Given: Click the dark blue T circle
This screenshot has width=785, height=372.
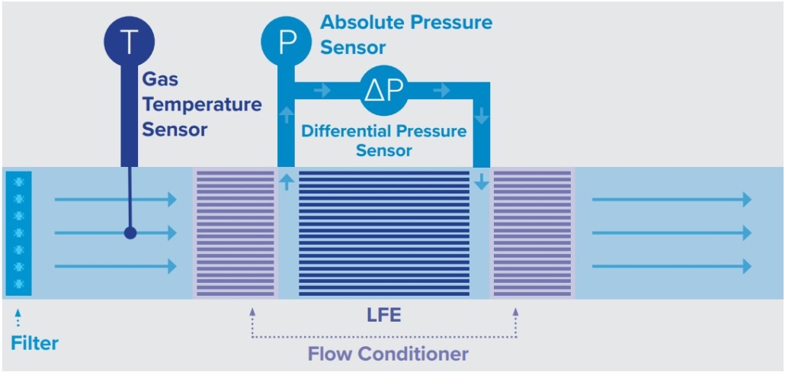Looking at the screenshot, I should [130, 40].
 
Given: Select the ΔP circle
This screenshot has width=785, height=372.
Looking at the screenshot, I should [384, 91].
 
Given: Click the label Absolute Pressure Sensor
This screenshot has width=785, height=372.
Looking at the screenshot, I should [405, 34].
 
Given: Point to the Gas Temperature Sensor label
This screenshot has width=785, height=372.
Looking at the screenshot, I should [201, 104].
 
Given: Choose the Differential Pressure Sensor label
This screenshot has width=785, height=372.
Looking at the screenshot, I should [383, 140].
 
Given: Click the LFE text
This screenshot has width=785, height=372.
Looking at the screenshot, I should [384, 315].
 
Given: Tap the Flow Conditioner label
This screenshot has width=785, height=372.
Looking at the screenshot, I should [388, 354].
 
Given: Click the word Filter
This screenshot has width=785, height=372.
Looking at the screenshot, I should [34, 343].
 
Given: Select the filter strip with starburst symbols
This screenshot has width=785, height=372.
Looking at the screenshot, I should [18, 232].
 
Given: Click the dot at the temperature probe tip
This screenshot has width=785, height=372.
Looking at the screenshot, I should [130, 233].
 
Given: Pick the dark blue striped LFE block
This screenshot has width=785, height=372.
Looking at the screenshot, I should [383, 233].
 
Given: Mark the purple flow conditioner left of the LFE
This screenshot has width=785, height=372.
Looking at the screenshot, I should [235, 233].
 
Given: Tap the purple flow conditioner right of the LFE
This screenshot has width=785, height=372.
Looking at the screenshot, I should [532, 233].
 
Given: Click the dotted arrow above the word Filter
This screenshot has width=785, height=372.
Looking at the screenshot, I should [18, 318].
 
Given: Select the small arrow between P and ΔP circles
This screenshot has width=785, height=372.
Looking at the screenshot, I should [322, 91].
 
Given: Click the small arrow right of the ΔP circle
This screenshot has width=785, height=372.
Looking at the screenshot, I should [441, 91].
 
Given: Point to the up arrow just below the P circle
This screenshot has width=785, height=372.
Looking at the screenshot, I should [287, 115].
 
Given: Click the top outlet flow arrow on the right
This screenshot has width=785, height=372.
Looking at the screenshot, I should [671, 200].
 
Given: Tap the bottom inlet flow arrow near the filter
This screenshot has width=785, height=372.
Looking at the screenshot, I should [115, 266].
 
